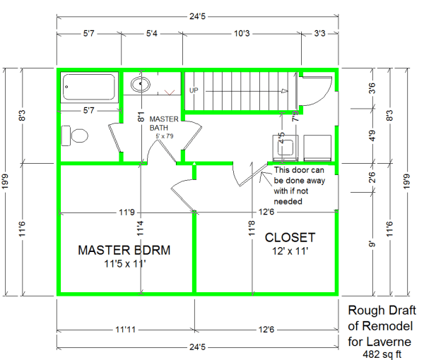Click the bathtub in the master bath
click(x=89, y=88)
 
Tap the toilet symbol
click(x=75, y=136)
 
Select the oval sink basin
click(x=141, y=84)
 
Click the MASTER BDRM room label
click(x=124, y=250)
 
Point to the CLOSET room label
click(x=290, y=238)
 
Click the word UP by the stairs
click(x=194, y=90)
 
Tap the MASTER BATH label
click(x=164, y=123)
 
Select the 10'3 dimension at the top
click(x=242, y=33)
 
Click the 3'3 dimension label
click(x=319, y=33)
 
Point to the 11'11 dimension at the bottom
click(x=126, y=330)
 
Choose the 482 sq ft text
click(x=382, y=354)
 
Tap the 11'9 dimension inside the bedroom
click(x=126, y=212)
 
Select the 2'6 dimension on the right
click(x=372, y=177)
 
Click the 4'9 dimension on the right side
click(x=372, y=136)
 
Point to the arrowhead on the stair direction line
click(x=285, y=91)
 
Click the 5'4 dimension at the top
click(x=152, y=33)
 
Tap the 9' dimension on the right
click(x=372, y=244)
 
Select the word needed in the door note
click(x=288, y=201)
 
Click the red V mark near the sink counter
click(x=170, y=92)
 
